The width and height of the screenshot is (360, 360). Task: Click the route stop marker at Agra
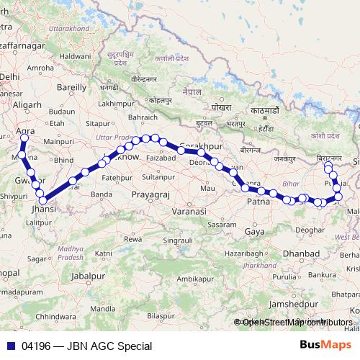coord(24,138)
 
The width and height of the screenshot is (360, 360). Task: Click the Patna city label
coord(258,202)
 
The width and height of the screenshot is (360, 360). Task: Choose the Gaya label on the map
coord(254,232)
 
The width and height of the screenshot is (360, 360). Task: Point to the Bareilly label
coord(71,87)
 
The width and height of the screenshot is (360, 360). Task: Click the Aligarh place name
coord(27,104)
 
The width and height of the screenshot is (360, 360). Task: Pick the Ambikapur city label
coord(194,278)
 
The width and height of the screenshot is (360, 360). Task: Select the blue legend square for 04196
coord(10,346)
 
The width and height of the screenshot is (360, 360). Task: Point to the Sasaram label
coord(221,225)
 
